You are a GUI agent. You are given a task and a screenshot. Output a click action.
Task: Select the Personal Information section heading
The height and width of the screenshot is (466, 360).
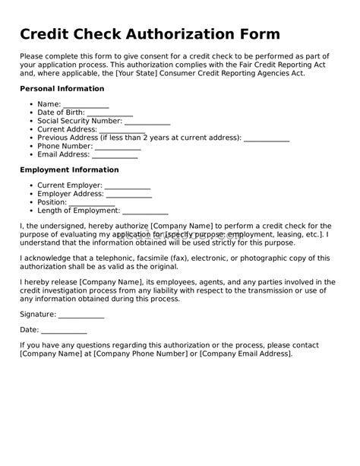[62, 89]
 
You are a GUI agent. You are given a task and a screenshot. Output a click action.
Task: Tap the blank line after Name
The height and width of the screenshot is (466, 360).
[86, 104]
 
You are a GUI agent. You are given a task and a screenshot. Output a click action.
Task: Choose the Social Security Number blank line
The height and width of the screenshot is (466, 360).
[147, 121]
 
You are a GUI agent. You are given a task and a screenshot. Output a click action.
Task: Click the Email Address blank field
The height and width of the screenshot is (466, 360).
[115, 154]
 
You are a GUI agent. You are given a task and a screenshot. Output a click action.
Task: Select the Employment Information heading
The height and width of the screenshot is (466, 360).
[69, 170]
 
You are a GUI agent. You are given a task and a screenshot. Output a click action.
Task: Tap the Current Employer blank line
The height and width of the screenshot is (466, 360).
[127, 185]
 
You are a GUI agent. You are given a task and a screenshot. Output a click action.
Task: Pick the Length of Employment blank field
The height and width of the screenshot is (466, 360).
[145, 211]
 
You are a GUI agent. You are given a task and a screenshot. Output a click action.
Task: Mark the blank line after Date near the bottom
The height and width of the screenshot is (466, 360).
[64, 330]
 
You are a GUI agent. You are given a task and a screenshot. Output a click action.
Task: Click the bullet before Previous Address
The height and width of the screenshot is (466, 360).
[30, 138]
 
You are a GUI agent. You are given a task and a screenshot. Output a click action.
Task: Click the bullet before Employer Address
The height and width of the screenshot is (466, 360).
[30, 194]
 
